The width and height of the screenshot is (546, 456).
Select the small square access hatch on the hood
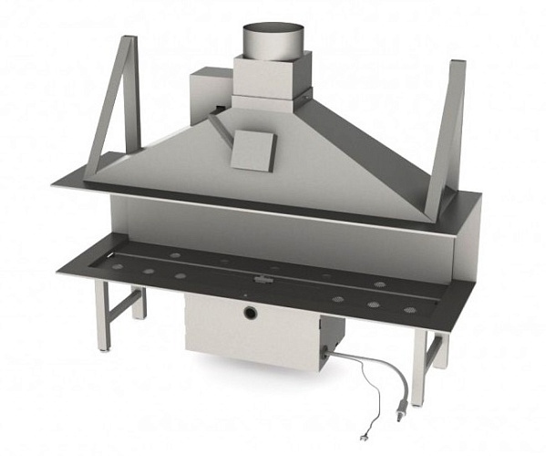click(x=252, y=149)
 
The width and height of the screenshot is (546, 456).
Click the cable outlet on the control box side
click(x=332, y=352)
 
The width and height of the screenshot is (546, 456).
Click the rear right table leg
click(x=442, y=347)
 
